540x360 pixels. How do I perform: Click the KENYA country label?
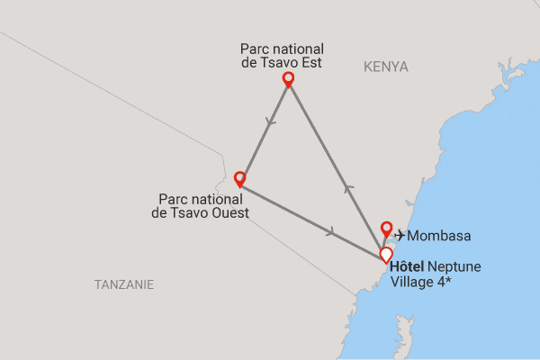pyautogui.click(x=386, y=67)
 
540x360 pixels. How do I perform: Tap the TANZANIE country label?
pyautogui.click(x=124, y=284)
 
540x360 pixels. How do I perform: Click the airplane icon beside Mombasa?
pyautogui.click(x=400, y=236)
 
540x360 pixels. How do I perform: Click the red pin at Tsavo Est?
pyautogui.click(x=289, y=79)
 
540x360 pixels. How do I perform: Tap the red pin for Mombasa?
pyautogui.click(x=387, y=229)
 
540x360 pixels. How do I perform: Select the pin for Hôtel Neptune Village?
pyautogui.click(x=386, y=255)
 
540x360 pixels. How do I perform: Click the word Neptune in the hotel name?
pyautogui.click(x=455, y=267)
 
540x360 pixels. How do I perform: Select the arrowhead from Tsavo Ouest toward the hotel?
pyautogui.click(x=332, y=232)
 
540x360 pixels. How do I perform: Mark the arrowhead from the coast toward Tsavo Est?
pyautogui.click(x=349, y=188)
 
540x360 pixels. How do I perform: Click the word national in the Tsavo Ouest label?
pyautogui.click(x=219, y=198)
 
